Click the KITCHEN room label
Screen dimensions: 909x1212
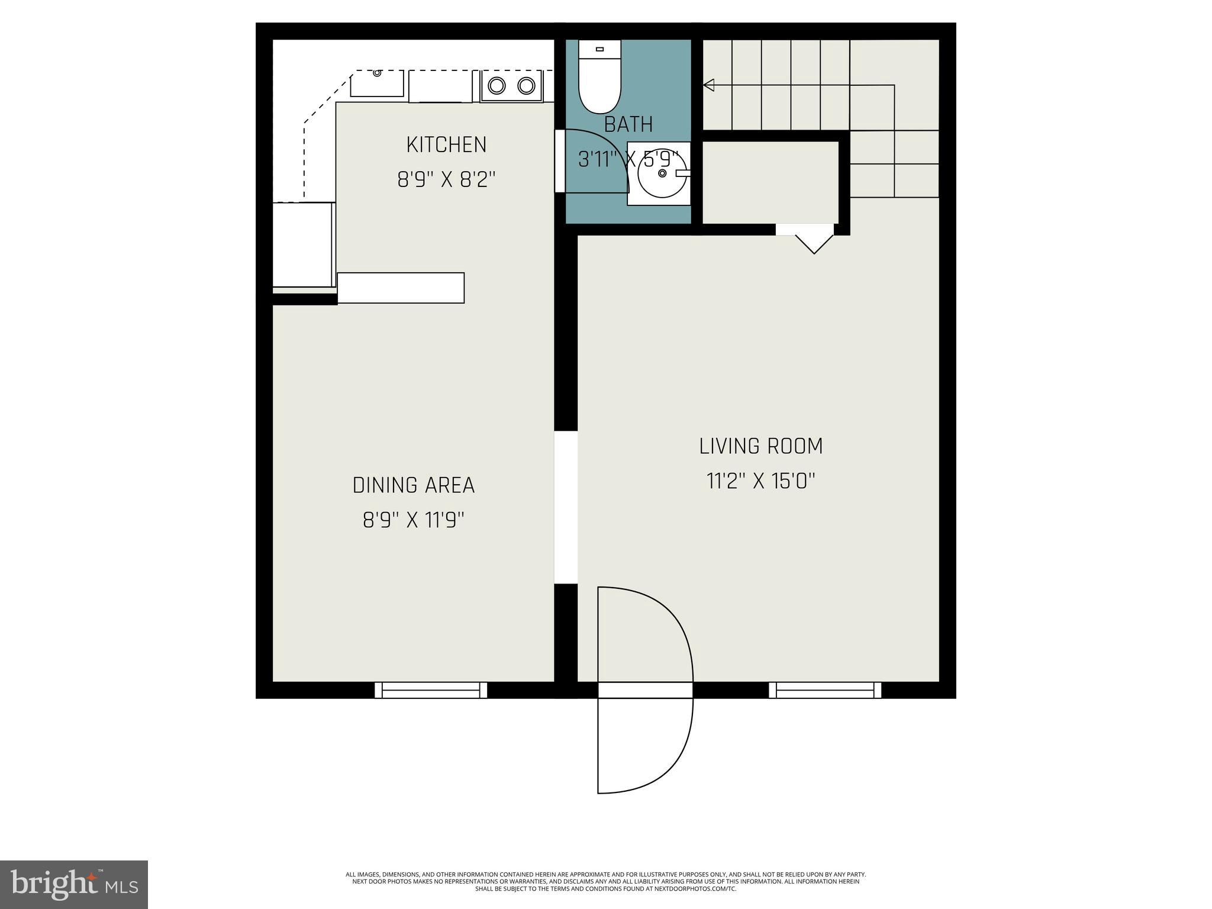pos(446,144)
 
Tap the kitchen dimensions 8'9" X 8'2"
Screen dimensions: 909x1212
pos(446,179)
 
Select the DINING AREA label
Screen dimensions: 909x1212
pos(413,485)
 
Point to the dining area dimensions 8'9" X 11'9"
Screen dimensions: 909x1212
pos(413,520)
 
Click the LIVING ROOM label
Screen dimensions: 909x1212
pos(761,446)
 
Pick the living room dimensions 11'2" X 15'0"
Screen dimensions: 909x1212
pos(761,481)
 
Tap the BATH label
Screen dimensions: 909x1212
pos(628,124)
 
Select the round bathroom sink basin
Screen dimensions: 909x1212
pos(662,173)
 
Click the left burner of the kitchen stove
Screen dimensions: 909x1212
pos(497,86)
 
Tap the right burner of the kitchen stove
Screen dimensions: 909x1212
pos(526,86)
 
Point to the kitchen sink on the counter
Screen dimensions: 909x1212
pos(377,83)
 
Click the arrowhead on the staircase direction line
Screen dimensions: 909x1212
pos(708,85)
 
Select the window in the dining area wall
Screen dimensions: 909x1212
pos(431,690)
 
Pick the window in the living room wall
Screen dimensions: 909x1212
pos(825,690)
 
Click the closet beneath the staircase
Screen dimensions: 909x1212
pos(770,182)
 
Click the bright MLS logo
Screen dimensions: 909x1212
pos(74,884)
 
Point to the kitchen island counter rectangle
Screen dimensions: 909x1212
pos(401,288)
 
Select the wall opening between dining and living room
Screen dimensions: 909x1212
pos(566,507)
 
